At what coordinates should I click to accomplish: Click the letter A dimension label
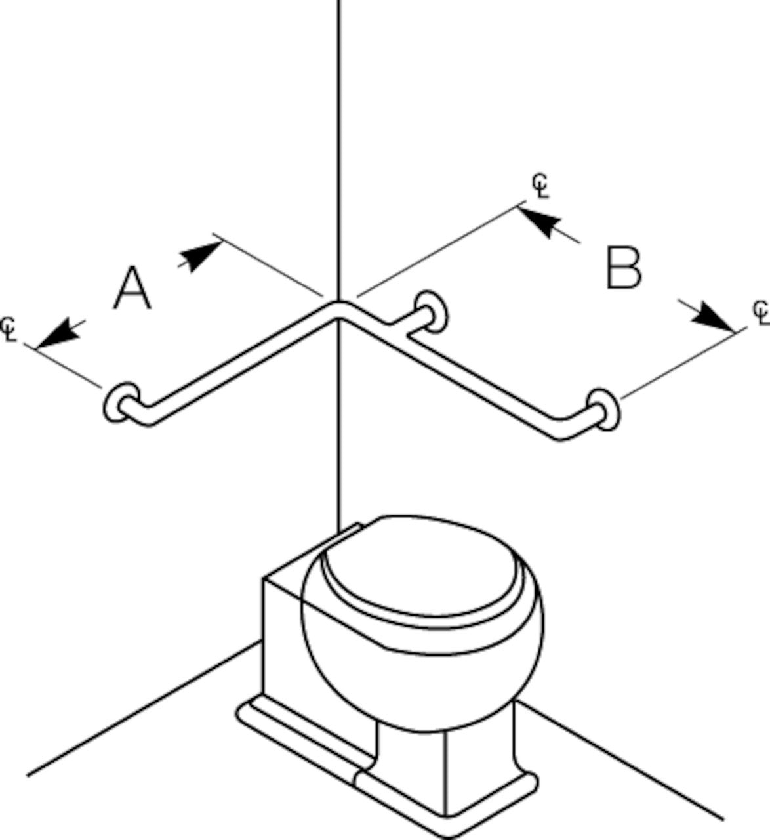point(132,289)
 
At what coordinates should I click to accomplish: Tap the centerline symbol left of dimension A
point(9,327)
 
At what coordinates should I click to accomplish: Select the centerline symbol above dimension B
point(540,186)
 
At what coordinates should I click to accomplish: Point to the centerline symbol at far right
point(761,312)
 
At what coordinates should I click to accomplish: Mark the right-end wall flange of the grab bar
point(603,409)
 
